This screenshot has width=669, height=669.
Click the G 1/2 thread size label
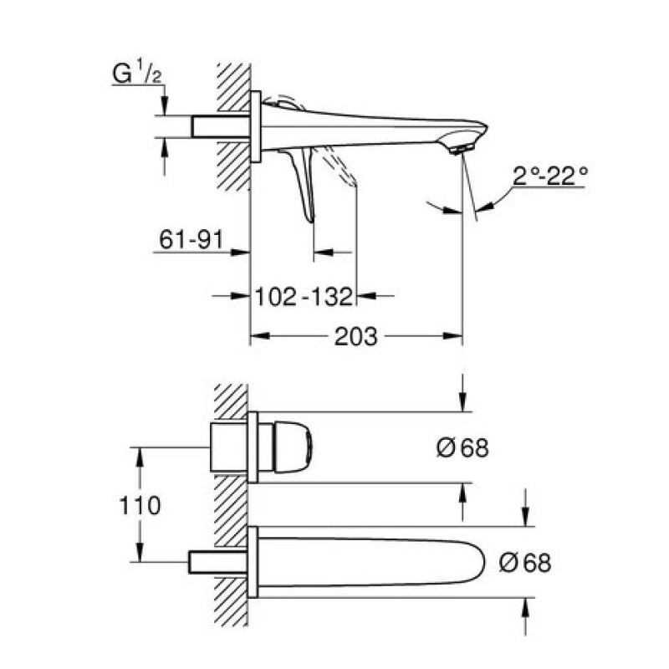tap(137, 74)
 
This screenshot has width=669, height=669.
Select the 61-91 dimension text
tap(192, 239)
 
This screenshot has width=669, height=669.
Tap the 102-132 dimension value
tap(304, 296)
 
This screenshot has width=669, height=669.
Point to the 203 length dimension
tap(356, 336)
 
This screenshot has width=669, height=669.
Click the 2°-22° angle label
tap(550, 176)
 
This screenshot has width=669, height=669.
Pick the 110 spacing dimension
tap(140, 506)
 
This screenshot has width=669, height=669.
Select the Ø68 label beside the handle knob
tap(462, 448)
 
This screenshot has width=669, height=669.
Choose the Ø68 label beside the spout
tap(525, 562)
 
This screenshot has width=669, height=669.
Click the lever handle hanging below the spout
tap(304, 183)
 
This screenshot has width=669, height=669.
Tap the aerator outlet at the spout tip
tap(462, 149)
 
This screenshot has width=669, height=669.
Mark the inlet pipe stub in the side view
tap(221, 126)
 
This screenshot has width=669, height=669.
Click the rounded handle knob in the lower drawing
tap(293, 447)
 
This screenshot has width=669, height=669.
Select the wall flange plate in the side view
tap(256, 127)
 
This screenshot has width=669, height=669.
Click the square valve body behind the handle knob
tap(229, 447)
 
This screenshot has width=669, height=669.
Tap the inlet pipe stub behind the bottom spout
tap(218, 562)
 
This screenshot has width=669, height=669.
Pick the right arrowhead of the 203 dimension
tap(452, 336)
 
